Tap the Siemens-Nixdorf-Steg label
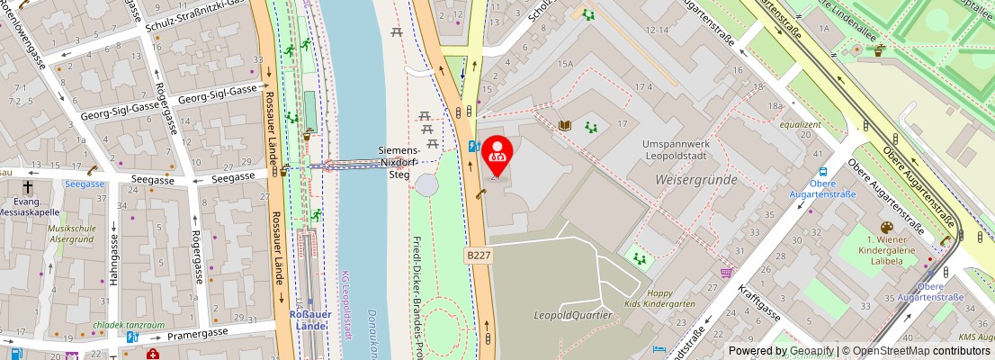(x=398, y=162)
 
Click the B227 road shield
(x=478, y=256)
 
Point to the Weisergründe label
(x=696, y=180)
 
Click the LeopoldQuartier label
(x=573, y=315)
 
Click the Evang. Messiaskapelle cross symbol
(x=28, y=188)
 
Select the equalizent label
(x=800, y=124)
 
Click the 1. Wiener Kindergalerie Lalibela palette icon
(x=886, y=229)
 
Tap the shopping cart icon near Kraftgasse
(x=726, y=272)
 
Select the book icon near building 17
(x=565, y=126)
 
